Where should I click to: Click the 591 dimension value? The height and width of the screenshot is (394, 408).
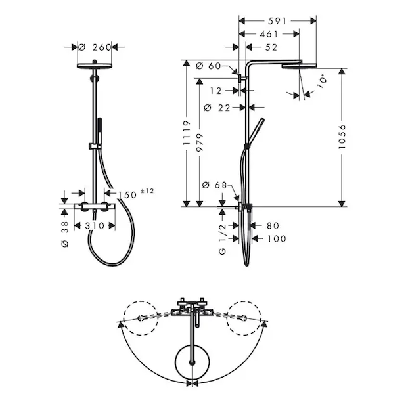(x=277, y=21)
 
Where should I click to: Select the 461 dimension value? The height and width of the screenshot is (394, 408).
(x=269, y=34)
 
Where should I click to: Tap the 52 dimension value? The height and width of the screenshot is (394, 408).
(x=271, y=47)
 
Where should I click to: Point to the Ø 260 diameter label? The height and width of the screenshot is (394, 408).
(x=95, y=47)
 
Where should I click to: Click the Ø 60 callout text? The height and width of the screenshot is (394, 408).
(x=208, y=66)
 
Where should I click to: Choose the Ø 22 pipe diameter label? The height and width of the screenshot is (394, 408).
(x=217, y=108)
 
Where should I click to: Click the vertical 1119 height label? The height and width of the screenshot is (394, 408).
(x=187, y=133)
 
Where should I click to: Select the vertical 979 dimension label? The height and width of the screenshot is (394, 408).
(x=200, y=142)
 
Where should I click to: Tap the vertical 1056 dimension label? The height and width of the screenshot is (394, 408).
(x=342, y=137)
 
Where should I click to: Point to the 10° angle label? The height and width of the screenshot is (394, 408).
(x=322, y=81)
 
